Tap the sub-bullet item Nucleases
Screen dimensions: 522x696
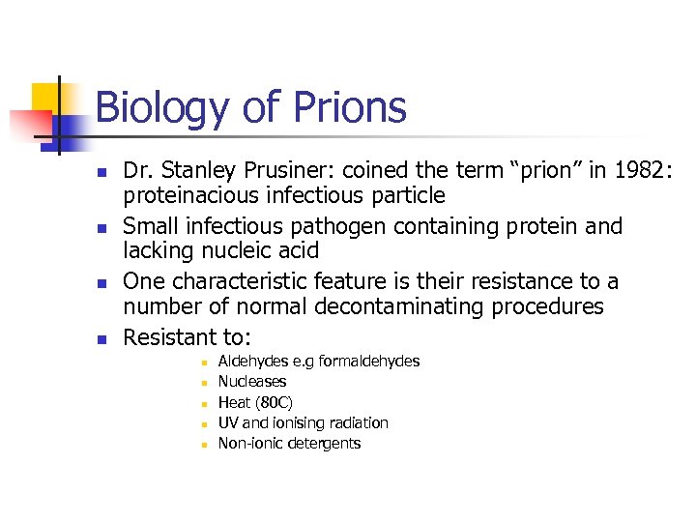tap(251, 382)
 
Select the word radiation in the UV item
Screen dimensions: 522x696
tap(355, 423)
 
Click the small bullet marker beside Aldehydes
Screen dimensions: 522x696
tap(204, 362)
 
